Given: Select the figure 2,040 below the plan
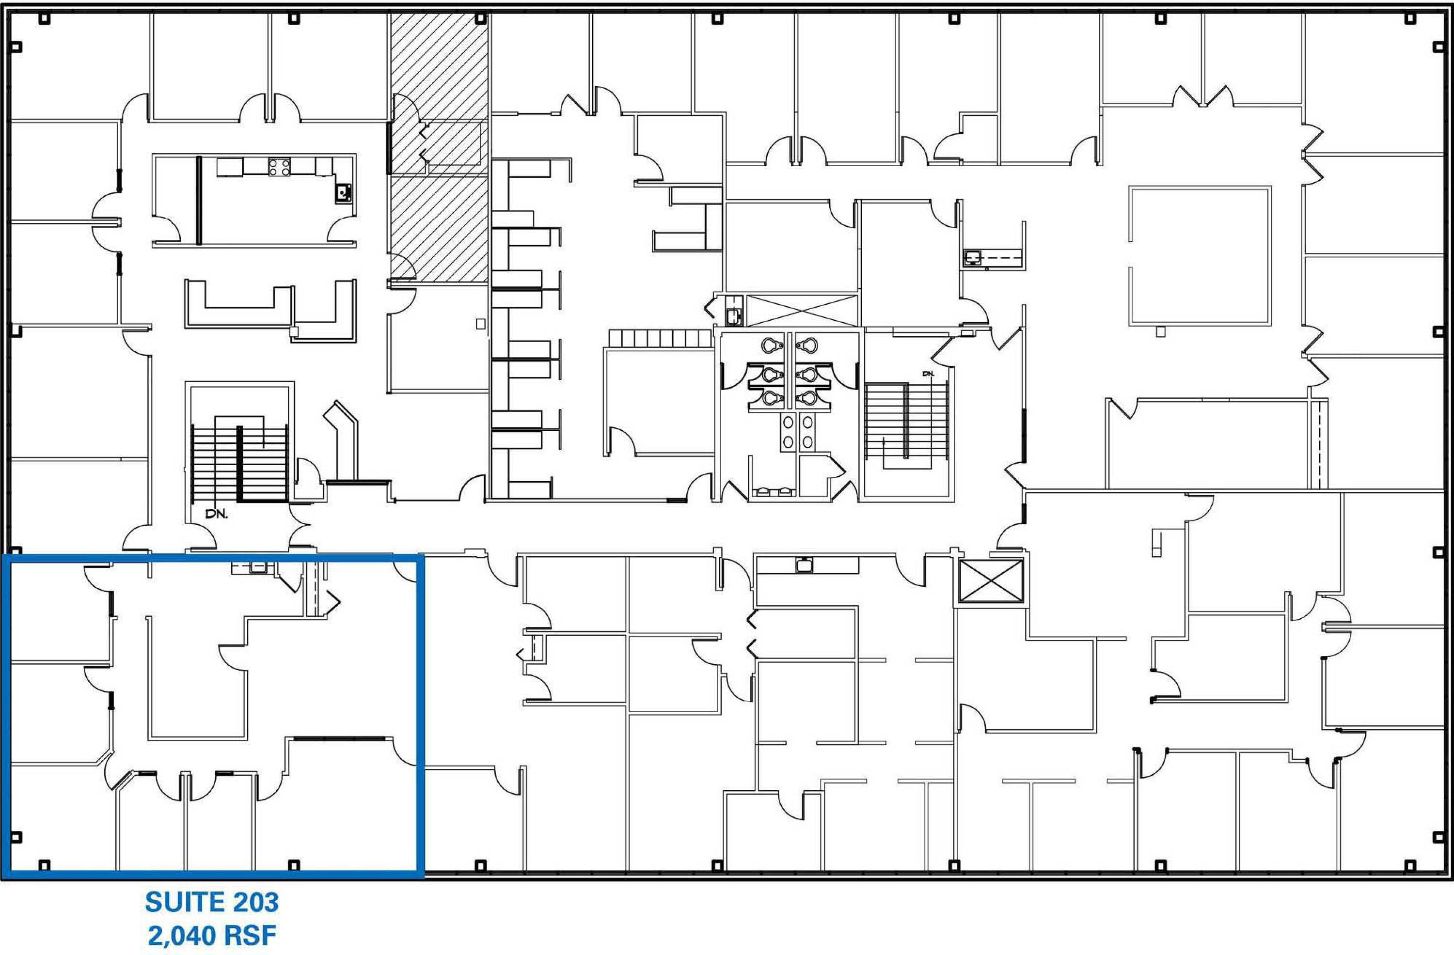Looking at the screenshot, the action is (x=179, y=936).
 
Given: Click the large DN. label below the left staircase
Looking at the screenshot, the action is (x=216, y=514).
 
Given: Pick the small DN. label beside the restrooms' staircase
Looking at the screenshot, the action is (x=929, y=373).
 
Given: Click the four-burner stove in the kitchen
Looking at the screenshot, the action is (x=279, y=167).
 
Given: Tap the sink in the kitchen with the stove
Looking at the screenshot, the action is (x=343, y=193).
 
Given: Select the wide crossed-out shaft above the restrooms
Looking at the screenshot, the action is (x=802, y=311).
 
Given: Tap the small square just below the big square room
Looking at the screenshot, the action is (x=1160, y=331).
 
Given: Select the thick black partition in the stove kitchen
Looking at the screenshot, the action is (x=199, y=200).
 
